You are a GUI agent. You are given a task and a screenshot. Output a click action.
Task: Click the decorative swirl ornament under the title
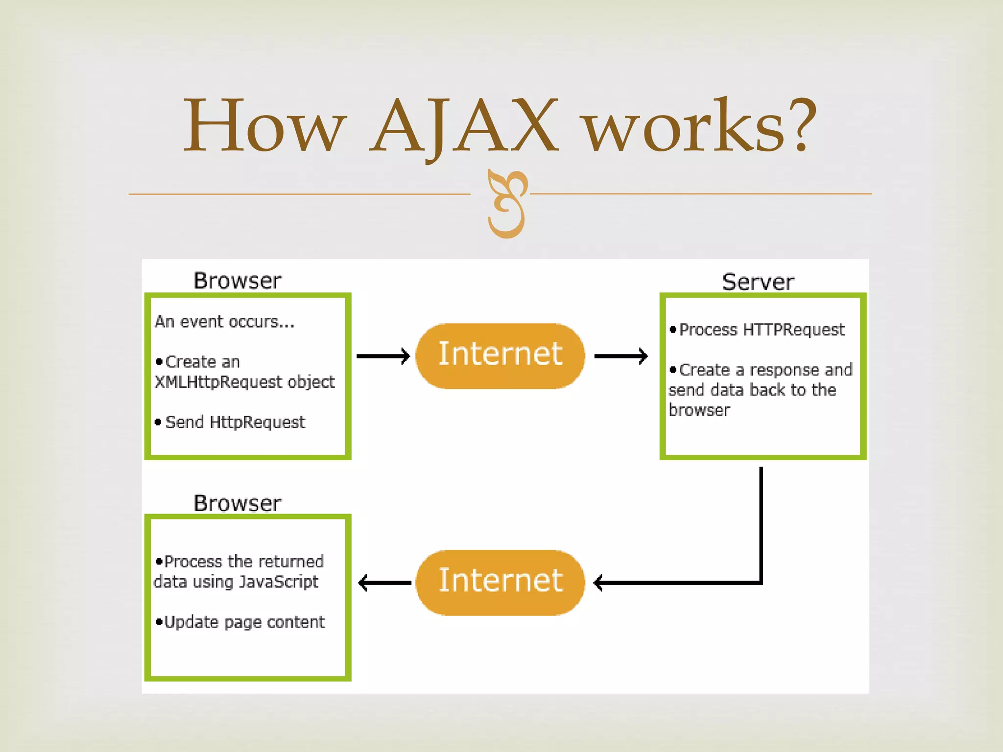click(507, 204)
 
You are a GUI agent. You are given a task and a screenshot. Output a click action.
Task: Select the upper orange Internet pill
click(500, 355)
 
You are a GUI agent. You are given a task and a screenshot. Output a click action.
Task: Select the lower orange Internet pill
click(500, 582)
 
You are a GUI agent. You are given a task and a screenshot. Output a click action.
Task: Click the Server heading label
click(758, 282)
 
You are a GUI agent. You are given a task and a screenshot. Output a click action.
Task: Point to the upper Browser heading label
click(238, 281)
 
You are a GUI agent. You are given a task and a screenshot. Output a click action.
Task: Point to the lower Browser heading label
click(238, 503)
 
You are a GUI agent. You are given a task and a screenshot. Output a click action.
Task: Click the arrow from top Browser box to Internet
click(383, 356)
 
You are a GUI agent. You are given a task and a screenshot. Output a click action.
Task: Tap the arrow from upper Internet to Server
click(621, 356)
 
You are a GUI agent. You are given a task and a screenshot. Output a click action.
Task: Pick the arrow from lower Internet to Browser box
click(384, 583)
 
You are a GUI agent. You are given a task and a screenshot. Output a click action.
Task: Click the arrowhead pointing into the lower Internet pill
click(598, 583)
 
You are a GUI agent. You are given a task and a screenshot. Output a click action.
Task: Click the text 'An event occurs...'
click(225, 322)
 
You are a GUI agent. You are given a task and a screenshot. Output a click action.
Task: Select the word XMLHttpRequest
click(218, 382)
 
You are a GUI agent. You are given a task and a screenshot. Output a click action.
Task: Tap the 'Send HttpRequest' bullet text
click(235, 422)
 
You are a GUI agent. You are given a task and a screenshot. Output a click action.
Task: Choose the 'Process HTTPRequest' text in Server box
click(762, 330)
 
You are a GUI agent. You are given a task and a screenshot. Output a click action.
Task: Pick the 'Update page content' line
click(244, 622)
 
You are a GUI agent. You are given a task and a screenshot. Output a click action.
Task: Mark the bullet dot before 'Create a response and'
click(673, 370)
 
